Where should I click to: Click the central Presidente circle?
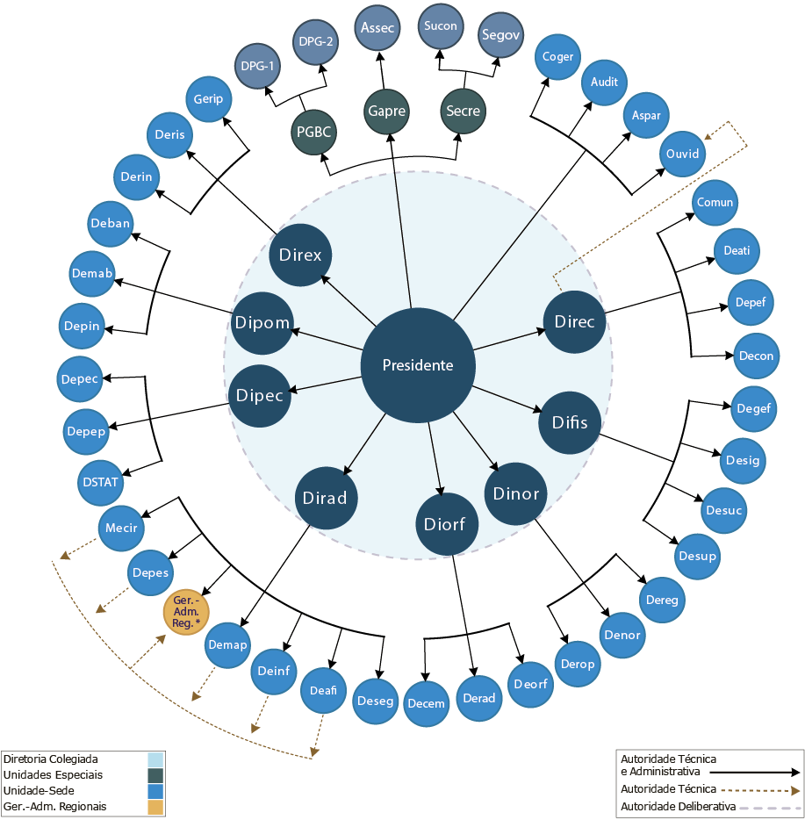pyautogui.click(x=418, y=365)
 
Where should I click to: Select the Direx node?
pyautogui.click(x=300, y=255)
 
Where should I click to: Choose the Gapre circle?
pyautogui.click(x=387, y=111)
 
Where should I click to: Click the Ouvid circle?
pyautogui.click(x=682, y=154)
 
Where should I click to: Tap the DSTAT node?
pyautogui.click(x=101, y=482)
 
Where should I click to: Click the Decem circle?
pyautogui.click(x=427, y=703)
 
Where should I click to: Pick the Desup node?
pyautogui.click(x=697, y=556)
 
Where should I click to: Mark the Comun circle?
pyautogui.click(x=715, y=203)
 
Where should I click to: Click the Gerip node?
pyautogui.click(x=208, y=98)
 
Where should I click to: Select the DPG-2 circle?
pyautogui.click(x=315, y=41)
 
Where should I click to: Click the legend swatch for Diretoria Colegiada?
pyautogui.click(x=155, y=759)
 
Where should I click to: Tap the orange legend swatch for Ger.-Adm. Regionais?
pyautogui.click(x=155, y=806)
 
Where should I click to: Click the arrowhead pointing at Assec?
pyautogui.click(x=380, y=54)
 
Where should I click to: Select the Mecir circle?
pyautogui.click(x=120, y=529)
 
